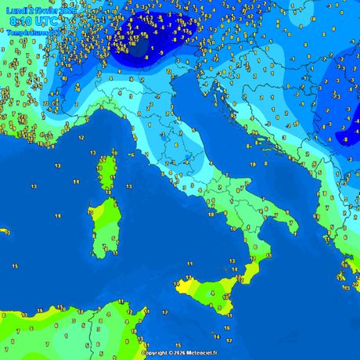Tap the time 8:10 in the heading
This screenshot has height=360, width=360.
tap(19, 23)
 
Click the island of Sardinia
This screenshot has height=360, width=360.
tap(103, 227)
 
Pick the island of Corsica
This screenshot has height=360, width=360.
tap(109, 172)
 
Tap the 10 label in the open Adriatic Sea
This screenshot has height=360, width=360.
tap(252, 164)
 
